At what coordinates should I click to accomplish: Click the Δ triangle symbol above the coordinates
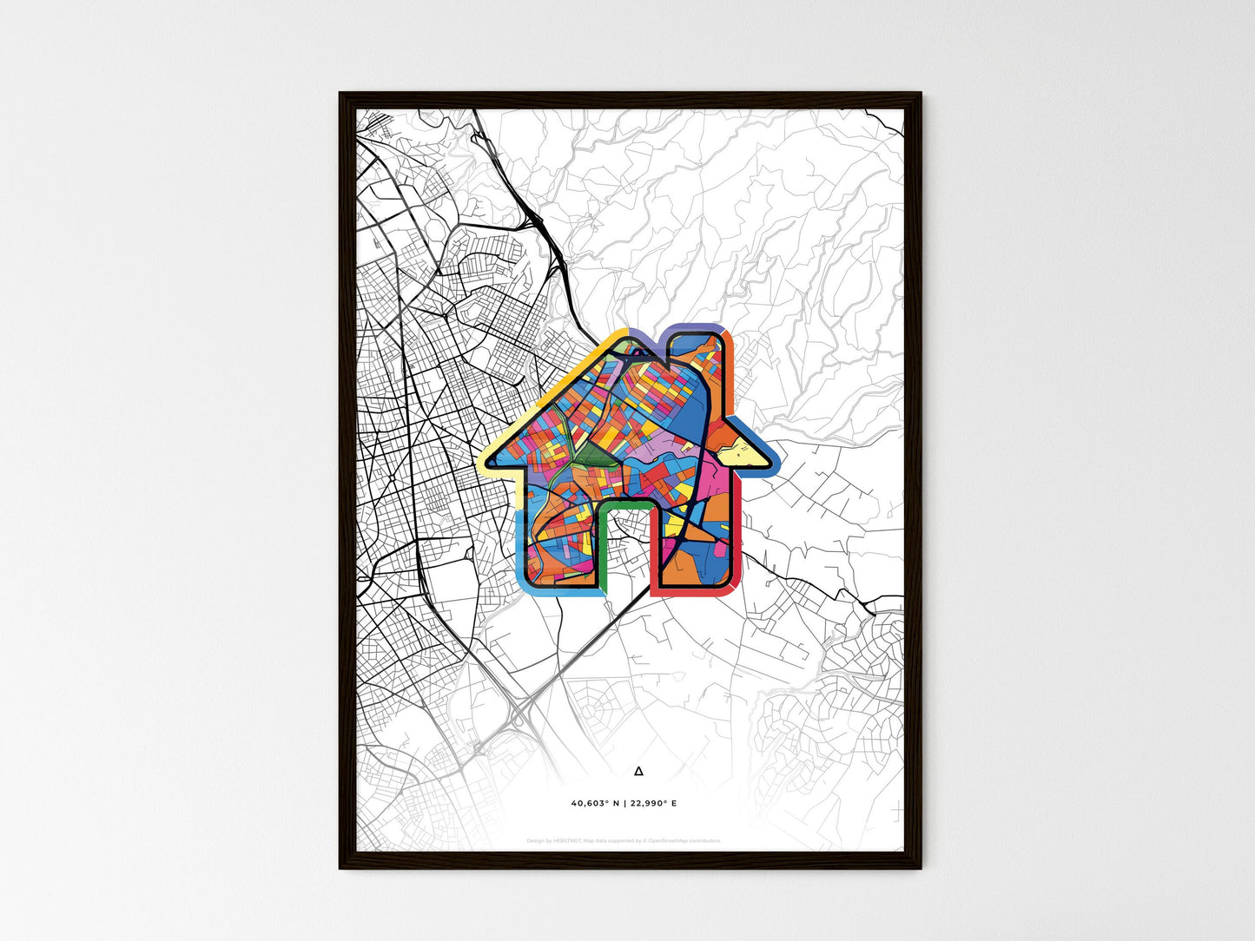tap(639, 770)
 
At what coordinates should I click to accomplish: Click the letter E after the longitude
tap(674, 804)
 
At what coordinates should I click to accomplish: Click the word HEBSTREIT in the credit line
tap(569, 841)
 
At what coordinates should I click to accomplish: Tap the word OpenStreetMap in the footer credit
tap(670, 841)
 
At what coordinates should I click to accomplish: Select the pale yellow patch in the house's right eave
tap(737, 450)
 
